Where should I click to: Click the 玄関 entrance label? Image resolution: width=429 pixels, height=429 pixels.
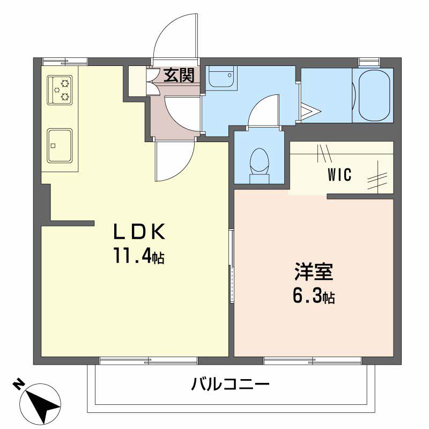click(179, 76)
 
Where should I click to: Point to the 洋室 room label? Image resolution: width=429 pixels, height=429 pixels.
click(314, 272)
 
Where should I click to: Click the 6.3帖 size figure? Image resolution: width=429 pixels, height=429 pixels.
click(314, 297)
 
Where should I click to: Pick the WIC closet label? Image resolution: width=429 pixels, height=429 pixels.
click(339, 175)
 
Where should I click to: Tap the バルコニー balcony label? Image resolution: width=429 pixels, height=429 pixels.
click(230, 384)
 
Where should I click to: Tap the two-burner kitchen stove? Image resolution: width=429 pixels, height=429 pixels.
click(60, 90)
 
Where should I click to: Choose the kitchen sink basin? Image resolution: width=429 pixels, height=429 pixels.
click(60, 145)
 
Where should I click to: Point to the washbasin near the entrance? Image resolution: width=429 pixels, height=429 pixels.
click(220, 78)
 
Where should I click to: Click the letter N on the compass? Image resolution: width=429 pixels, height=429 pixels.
click(18, 383)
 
